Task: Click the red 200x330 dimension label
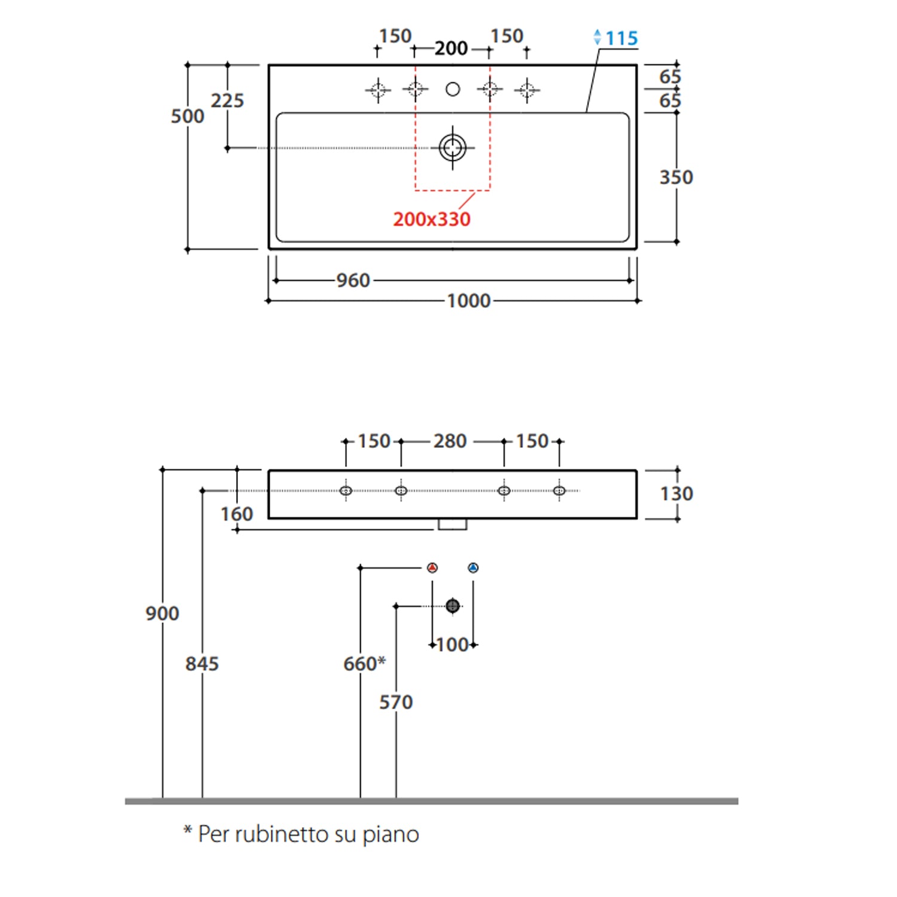point(432,219)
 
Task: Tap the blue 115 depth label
point(621,38)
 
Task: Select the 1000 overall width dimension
point(469,301)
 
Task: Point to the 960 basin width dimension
point(353,280)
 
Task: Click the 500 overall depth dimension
point(187,116)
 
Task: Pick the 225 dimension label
point(227,100)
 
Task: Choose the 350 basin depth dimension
point(676,178)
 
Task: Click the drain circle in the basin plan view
point(453,148)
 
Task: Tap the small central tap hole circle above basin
point(453,89)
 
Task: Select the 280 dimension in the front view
point(450,441)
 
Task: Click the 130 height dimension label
point(676,494)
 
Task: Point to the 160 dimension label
point(236,514)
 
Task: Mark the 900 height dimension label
point(162,614)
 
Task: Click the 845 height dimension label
point(202,664)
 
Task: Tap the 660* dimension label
point(364,663)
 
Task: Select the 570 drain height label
point(396,702)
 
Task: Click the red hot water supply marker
point(432,568)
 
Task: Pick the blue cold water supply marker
point(473,568)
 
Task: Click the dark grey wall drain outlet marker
point(453,606)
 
